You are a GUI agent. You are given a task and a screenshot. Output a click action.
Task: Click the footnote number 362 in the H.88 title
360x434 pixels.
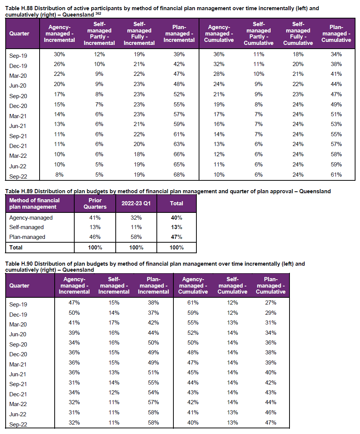98,13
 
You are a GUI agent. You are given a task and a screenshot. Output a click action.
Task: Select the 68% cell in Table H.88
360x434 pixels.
179,175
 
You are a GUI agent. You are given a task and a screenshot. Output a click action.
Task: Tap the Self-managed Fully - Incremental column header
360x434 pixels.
139,34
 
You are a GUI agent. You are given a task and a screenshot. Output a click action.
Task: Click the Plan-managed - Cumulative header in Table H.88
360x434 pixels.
336,34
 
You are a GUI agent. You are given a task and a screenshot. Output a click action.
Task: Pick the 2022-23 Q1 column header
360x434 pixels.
136,203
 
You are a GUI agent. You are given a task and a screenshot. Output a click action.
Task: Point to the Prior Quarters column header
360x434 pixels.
95,203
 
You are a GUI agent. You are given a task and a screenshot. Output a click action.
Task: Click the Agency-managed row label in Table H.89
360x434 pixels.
31,218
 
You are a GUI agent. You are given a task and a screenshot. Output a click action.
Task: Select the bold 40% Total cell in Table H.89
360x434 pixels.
176,218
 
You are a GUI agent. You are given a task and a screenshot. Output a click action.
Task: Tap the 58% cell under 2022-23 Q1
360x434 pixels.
136,237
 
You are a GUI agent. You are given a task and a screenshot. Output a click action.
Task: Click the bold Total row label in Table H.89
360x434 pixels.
16,248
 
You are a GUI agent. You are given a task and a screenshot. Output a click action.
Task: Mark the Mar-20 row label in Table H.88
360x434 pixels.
18,76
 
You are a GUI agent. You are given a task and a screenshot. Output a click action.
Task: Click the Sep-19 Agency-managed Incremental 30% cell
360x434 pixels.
60,54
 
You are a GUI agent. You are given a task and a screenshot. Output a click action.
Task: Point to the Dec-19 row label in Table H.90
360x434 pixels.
18,315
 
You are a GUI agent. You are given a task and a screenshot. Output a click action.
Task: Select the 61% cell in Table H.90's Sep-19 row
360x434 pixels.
193,303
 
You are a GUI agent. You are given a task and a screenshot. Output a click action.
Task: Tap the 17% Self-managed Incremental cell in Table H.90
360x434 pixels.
114,323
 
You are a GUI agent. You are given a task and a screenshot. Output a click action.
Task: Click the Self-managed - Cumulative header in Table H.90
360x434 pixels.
233,285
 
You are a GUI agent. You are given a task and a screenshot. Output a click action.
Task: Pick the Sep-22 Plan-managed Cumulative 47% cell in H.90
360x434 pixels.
271,423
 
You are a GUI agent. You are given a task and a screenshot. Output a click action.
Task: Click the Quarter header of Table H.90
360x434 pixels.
19,286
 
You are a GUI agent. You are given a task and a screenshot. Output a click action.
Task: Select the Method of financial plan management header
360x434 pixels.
35,203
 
